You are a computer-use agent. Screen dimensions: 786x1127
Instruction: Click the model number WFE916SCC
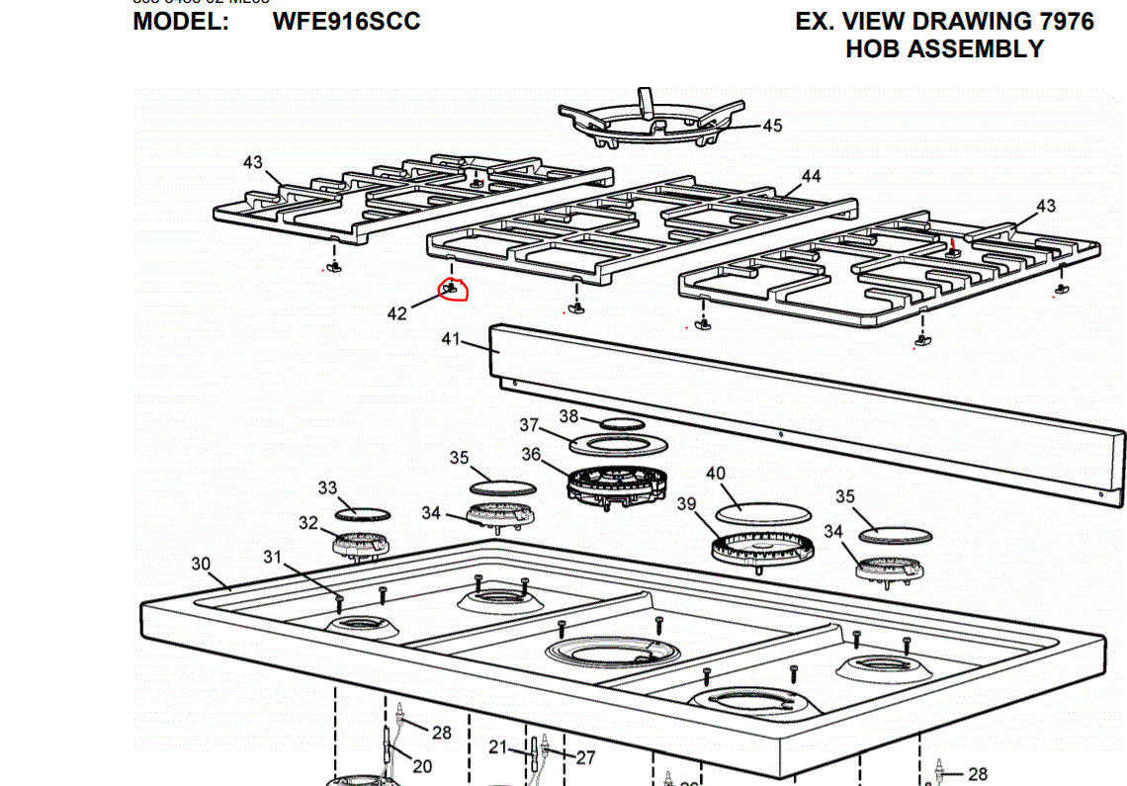pyautogui.click(x=347, y=21)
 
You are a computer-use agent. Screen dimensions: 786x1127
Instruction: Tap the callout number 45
pyautogui.click(x=772, y=126)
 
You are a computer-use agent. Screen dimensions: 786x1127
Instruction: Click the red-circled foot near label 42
pyautogui.click(x=453, y=289)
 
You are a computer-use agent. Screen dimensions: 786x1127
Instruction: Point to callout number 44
pyautogui.click(x=811, y=176)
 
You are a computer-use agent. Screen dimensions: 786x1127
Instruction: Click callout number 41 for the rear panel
pyautogui.click(x=451, y=339)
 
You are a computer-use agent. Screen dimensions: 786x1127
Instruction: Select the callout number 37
pyautogui.click(x=530, y=425)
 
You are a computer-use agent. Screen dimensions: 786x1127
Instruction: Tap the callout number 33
pyautogui.click(x=327, y=487)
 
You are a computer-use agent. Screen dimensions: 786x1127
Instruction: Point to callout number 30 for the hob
pyautogui.click(x=201, y=564)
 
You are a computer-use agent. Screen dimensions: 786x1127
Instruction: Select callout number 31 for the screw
pyautogui.click(x=273, y=558)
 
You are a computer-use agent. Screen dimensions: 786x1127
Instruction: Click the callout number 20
pyautogui.click(x=422, y=766)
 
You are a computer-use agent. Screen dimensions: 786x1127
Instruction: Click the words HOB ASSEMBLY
pyautogui.click(x=944, y=48)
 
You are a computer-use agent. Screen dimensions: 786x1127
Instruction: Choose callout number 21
pyautogui.click(x=497, y=747)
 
